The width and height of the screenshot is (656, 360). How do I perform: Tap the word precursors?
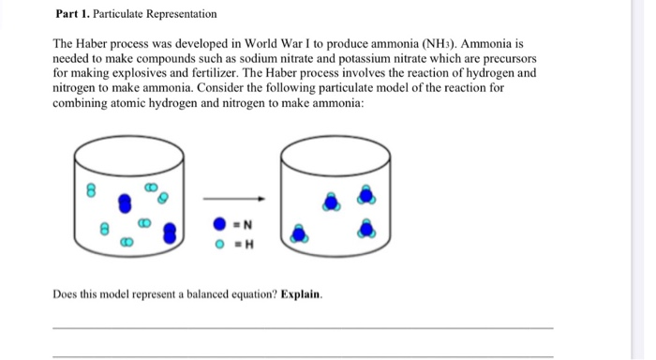[x=510, y=58]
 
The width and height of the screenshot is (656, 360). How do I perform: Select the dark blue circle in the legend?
[x=218, y=226]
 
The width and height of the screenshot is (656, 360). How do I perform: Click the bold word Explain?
[x=301, y=294]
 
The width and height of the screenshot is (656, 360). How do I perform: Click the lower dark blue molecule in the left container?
[x=170, y=231]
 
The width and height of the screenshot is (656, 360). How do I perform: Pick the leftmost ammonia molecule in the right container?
[x=299, y=233]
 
